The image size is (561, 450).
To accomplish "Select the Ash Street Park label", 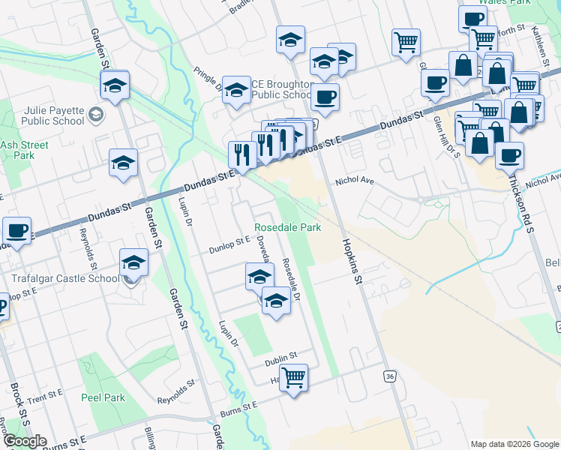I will (24, 150).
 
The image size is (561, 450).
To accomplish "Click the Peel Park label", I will (103, 397).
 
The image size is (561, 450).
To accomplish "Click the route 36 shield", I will (389, 375).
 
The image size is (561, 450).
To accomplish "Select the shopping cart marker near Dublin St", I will (293, 376).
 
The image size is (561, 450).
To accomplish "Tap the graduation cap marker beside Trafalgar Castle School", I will (133, 262).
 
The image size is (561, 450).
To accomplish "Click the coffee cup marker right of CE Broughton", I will (325, 97).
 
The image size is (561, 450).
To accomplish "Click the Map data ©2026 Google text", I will (514, 444).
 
